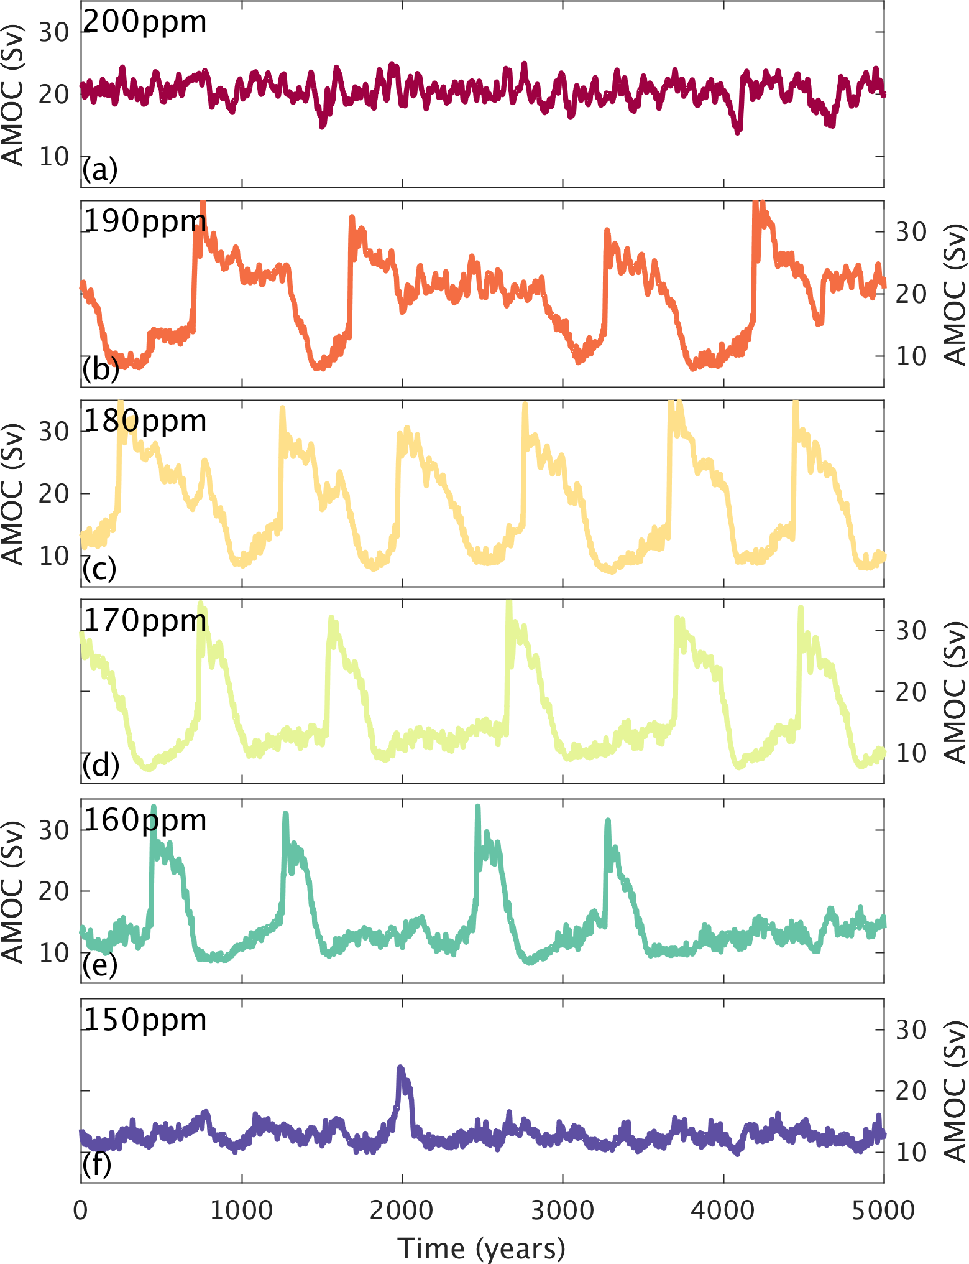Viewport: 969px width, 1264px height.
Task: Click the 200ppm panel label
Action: [144, 22]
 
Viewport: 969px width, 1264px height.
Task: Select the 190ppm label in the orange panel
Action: [144, 222]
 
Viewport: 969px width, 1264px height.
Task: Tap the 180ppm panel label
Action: [144, 422]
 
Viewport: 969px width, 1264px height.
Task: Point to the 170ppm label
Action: [144, 621]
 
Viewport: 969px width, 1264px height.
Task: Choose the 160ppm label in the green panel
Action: [144, 821]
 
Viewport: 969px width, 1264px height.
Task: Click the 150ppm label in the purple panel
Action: [144, 1021]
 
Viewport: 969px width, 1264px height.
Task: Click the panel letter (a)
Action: [99, 169]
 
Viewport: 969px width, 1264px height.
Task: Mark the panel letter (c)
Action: [99, 569]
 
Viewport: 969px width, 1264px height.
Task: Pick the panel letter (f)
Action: [97, 1166]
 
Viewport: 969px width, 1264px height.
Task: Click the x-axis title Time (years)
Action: [482, 1248]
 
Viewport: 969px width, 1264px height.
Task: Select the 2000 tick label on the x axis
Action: [402, 1211]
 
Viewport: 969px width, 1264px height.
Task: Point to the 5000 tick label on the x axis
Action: [884, 1211]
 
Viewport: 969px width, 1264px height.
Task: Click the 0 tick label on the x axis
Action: [81, 1211]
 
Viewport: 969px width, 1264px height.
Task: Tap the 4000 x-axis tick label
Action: [723, 1211]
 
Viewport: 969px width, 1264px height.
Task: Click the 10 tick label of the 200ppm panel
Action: [54, 157]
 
